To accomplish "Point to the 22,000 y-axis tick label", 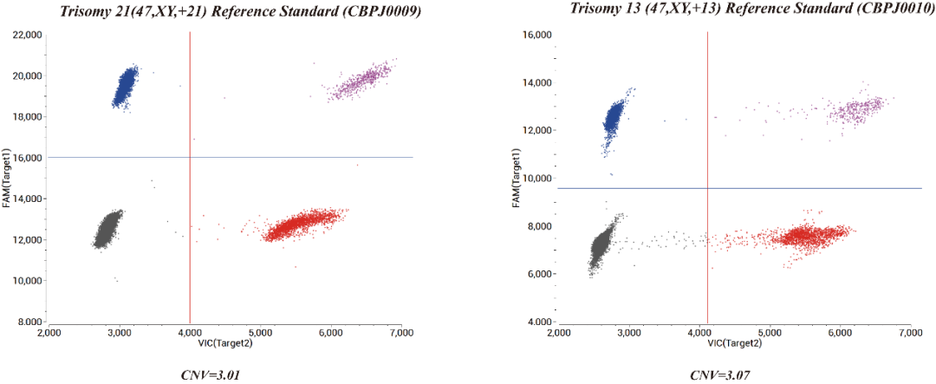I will pyautogui.click(x=28, y=35).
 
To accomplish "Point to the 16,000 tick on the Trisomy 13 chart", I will pyautogui.click(x=535, y=35).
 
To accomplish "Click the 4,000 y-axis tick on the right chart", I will pyautogui.click(x=537, y=322).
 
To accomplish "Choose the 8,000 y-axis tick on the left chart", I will pyautogui.click(x=30, y=322).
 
